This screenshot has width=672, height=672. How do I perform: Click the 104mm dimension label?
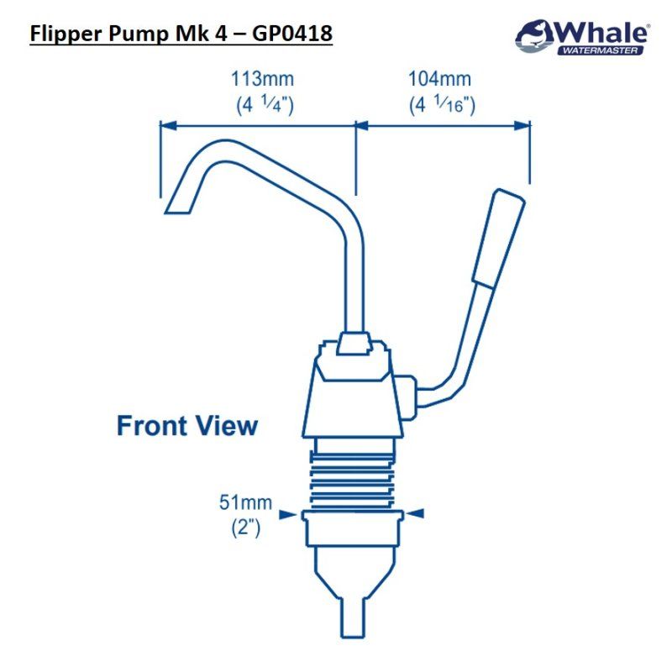440,80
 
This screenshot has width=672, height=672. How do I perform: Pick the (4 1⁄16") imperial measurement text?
443,106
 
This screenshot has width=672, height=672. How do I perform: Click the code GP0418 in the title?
291,34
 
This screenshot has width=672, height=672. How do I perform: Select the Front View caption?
187,425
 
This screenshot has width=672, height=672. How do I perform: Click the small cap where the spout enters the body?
354,343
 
